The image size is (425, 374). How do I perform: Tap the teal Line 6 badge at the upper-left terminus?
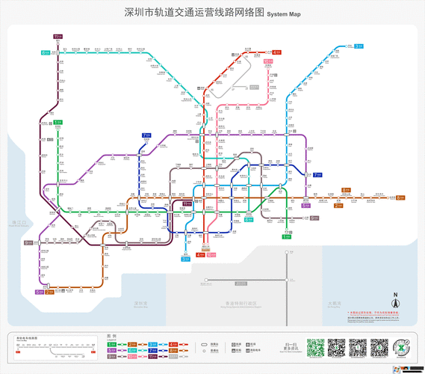[46, 53]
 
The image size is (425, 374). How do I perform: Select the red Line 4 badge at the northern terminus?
[276, 52]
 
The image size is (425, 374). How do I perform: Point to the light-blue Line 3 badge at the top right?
[359, 46]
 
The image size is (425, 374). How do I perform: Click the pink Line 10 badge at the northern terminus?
[267, 61]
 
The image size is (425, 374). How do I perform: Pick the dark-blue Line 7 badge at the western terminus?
[146, 135]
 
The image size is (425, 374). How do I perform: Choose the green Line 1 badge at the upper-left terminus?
[58, 122]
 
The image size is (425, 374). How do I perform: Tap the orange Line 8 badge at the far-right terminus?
[400, 197]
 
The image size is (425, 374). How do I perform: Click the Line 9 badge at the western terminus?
[29, 242]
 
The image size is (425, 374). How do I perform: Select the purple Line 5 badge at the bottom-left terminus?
[39, 292]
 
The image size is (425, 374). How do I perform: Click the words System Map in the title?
[284, 14]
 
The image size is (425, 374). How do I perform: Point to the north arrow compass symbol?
[396, 301]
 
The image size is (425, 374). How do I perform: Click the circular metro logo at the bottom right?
[400, 349]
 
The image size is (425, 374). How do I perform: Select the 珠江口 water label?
[19, 222]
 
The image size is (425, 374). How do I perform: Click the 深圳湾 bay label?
[141, 303]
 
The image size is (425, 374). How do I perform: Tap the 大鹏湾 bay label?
[334, 303]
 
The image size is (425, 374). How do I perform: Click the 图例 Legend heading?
[112, 336]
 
